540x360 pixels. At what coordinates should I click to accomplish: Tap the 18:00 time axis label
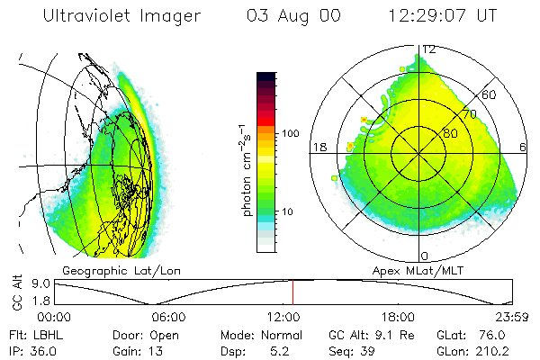click(x=397, y=318)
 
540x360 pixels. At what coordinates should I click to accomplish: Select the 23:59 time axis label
click(x=512, y=318)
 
